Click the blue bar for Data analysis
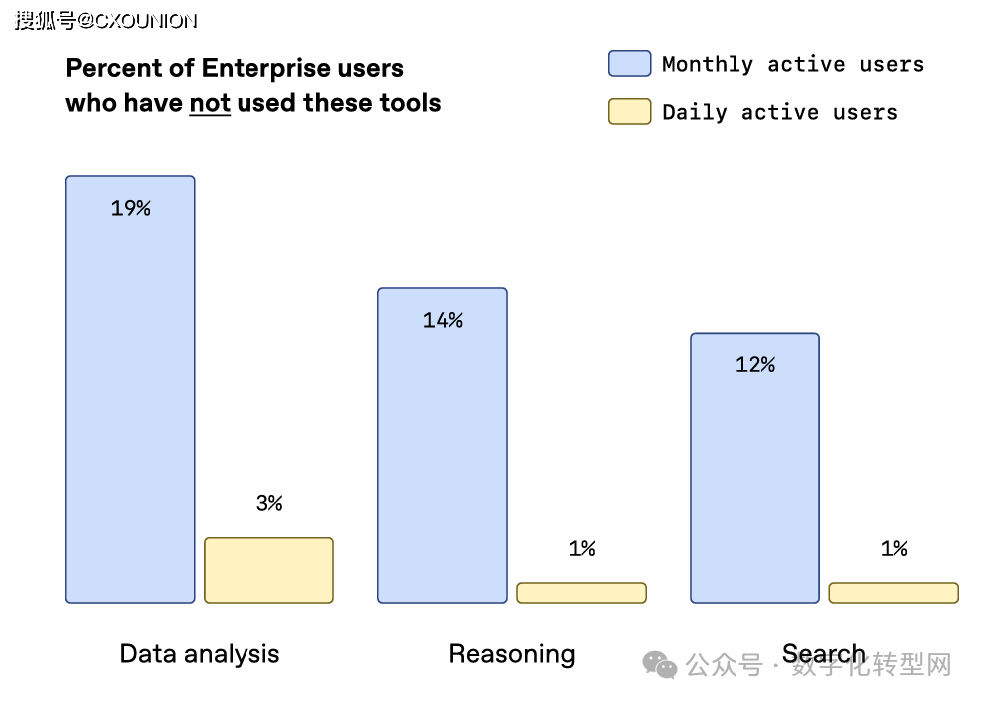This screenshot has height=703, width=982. click(130, 399)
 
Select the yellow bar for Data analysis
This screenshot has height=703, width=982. click(268, 570)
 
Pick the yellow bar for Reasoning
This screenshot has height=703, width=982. click(581, 593)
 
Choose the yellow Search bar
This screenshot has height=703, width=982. click(893, 593)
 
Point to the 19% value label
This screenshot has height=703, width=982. click(131, 208)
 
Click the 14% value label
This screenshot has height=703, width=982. click(443, 320)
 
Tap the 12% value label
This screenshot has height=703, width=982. click(755, 365)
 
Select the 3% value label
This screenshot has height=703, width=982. click(269, 503)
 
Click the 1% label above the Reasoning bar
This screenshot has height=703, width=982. click(582, 548)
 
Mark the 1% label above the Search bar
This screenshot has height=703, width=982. click(894, 548)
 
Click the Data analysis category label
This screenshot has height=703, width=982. click(200, 654)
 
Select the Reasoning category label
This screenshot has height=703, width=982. click(512, 654)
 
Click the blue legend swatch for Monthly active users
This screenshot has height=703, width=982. click(629, 64)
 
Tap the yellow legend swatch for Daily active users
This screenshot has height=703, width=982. click(629, 111)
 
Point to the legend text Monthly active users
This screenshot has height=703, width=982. click(792, 65)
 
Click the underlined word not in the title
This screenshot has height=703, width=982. click(210, 102)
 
